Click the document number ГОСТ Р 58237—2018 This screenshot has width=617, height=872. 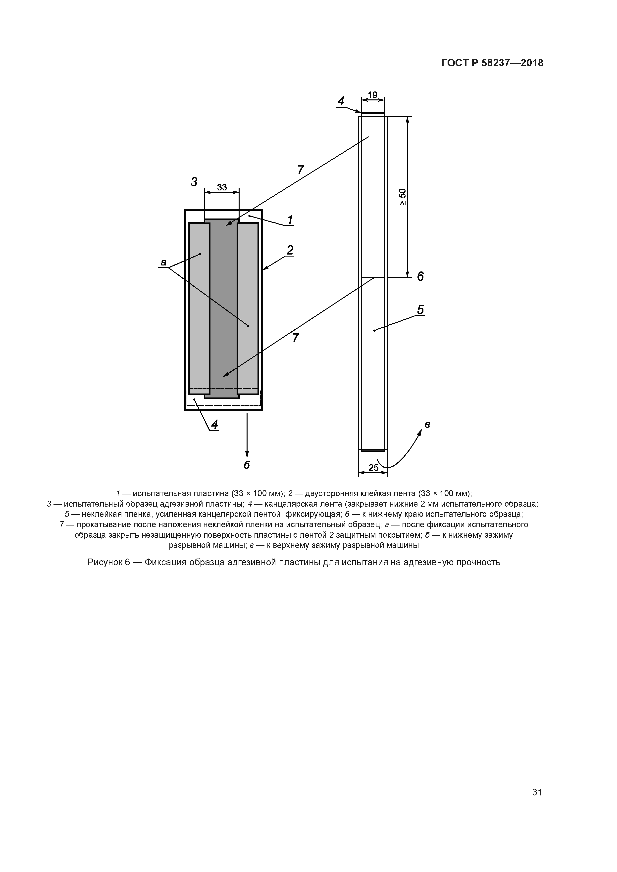(x=492, y=63)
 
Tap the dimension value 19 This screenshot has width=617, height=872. (x=372, y=94)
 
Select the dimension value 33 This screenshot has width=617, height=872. (x=222, y=187)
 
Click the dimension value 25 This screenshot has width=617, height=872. (x=373, y=468)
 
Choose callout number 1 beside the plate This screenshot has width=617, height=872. (x=290, y=219)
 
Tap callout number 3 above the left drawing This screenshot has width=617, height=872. (x=194, y=182)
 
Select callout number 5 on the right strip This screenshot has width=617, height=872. (x=420, y=310)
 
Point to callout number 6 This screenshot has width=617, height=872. (x=420, y=276)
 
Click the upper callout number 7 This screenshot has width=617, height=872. (x=300, y=170)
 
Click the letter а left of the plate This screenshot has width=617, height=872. (x=163, y=262)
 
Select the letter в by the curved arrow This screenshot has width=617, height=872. (x=427, y=425)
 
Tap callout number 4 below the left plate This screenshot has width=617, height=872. (x=214, y=425)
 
